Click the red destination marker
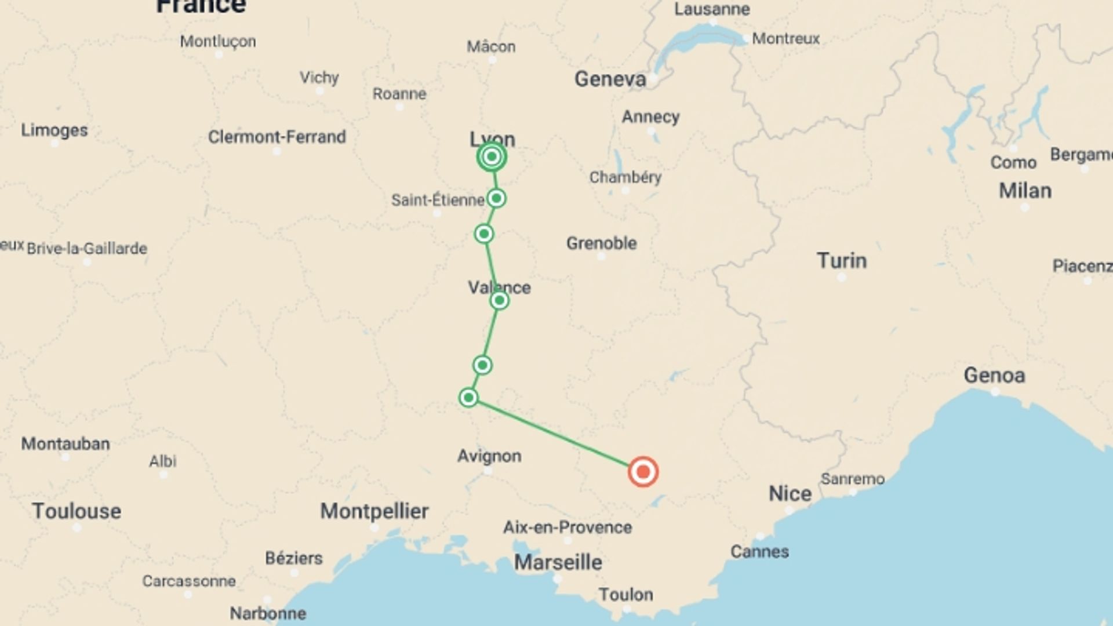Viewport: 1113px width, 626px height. [x=643, y=472]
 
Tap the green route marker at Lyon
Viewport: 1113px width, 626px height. [x=492, y=156]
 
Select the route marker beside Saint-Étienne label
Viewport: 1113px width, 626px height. [x=496, y=199]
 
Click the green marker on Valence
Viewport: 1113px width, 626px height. [x=499, y=300]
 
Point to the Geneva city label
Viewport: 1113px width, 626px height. [x=610, y=79]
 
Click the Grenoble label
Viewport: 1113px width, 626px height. [x=601, y=243]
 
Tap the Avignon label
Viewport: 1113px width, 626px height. [x=489, y=456]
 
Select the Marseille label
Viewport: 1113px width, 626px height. [x=558, y=562]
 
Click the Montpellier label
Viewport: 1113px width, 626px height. [x=374, y=511]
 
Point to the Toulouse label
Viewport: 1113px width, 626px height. [x=77, y=511]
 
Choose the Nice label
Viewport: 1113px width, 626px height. [x=790, y=494]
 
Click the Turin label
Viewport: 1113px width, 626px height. [x=842, y=261]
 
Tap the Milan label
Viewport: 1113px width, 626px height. [x=1025, y=191]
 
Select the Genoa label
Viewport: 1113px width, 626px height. [x=994, y=376]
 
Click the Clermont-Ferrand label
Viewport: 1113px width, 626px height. [x=277, y=137]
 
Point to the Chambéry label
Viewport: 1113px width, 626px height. [x=625, y=177]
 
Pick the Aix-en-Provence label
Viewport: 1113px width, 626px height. [x=567, y=527]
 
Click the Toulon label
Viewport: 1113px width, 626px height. [x=625, y=595]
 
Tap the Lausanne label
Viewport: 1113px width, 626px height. [x=712, y=9]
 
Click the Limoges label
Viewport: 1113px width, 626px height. [x=54, y=130]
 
